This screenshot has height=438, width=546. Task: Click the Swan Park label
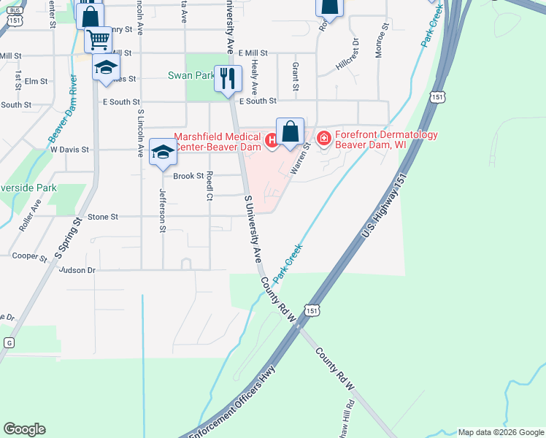point(191,75)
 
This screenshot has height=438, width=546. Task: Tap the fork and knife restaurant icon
point(228,77)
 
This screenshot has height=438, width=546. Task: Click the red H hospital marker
point(272,139)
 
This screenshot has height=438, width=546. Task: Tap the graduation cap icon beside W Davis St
point(163,152)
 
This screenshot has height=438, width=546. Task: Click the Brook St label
point(188,176)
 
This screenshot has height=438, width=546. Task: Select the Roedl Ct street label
point(209,185)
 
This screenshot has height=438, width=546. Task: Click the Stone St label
point(103,217)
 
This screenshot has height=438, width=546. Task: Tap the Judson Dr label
point(77,270)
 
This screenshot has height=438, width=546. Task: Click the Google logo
point(24,429)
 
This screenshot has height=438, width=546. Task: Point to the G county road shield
point(9,342)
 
